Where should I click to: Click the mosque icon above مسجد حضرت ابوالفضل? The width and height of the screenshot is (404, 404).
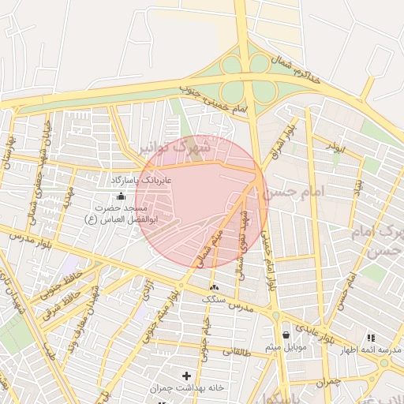tap(121, 196)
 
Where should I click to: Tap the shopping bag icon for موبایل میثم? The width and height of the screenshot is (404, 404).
tap(284, 335)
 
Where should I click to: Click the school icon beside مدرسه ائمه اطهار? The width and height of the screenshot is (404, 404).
tap(370, 338)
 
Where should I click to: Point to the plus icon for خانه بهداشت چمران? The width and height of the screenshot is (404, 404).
tap(187, 376)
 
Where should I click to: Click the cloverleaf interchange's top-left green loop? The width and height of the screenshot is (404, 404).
tap(231, 65)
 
